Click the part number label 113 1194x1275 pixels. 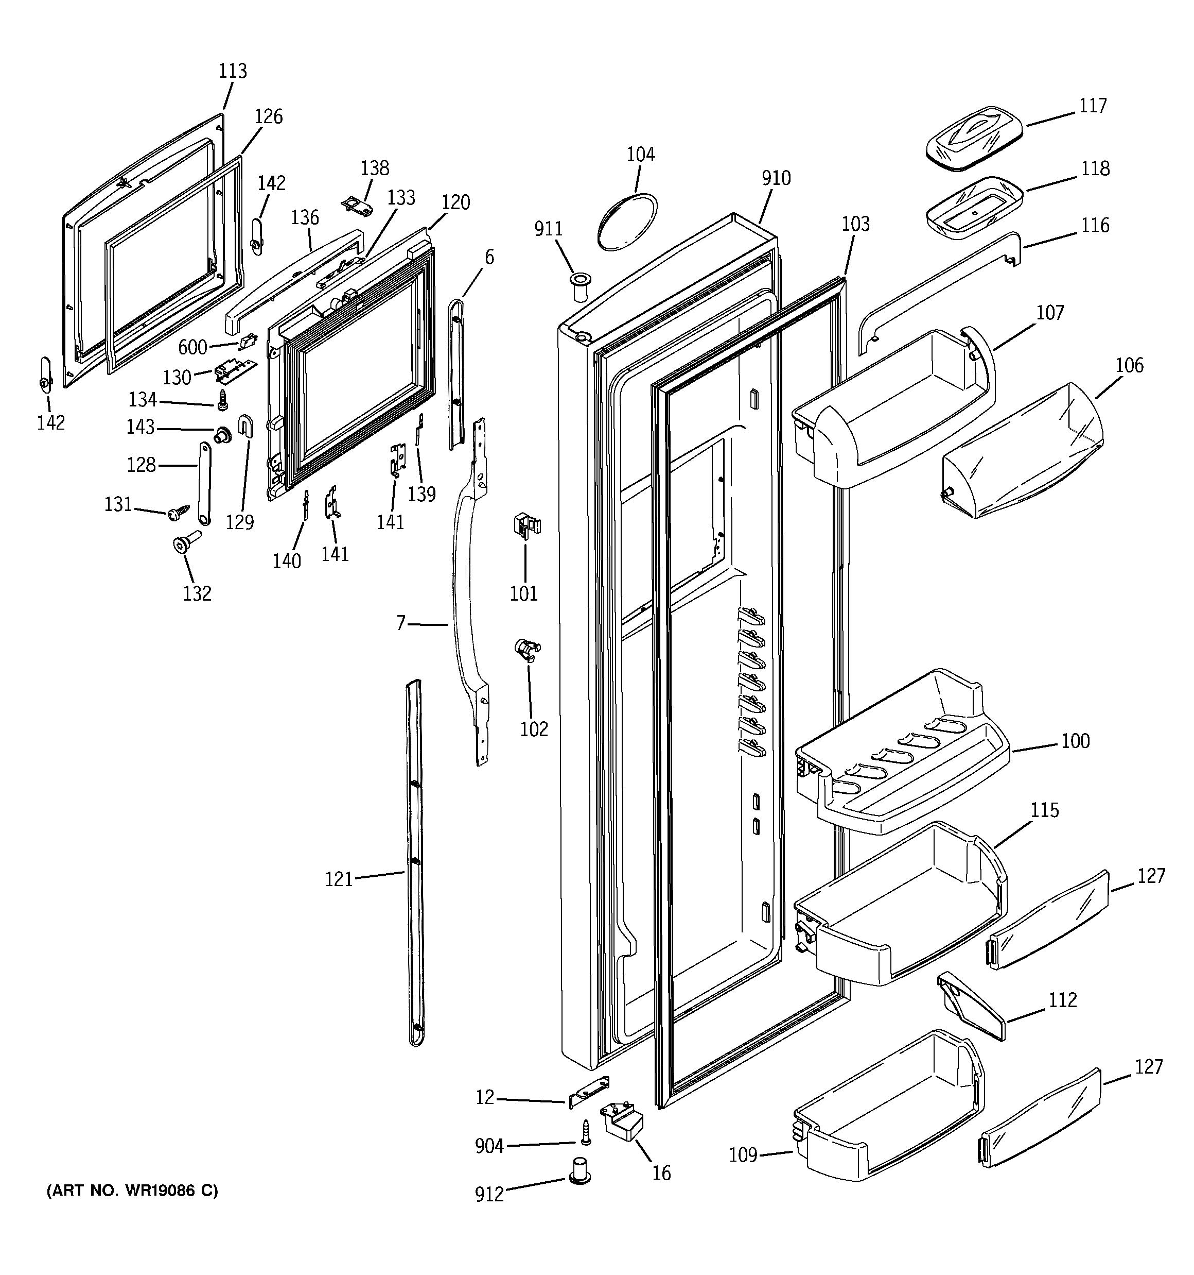[x=233, y=71]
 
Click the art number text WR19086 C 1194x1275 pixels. [x=132, y=1191]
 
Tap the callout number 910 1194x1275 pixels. [x=776, y=178]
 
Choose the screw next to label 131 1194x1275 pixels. [x=179, y=513]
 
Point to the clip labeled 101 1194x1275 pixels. [x=525, y=525]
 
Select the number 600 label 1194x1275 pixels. [x=192, y=348]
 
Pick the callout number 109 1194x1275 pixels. [x=743, y=1155]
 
